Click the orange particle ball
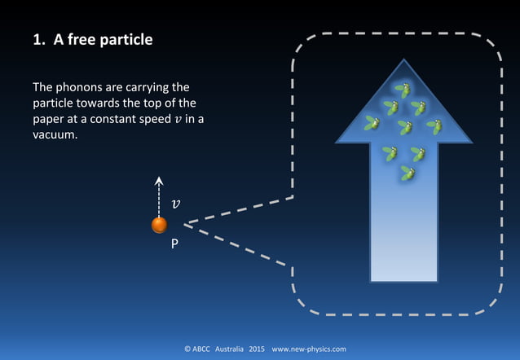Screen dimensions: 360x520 [x=159, y=225]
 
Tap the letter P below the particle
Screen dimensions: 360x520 [x=174, y=244]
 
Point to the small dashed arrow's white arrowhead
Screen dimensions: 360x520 [x=159, y=182]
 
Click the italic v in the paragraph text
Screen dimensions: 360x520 [x=167, y=119]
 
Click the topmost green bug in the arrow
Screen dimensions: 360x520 [x=402, y=90]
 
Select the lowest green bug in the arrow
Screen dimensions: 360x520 [x=407, y=173]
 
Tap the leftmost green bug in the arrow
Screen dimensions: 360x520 [x=372, y=123]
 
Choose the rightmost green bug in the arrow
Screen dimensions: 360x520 [x=435, y=126]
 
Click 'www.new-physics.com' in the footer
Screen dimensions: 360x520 [x=309, y=349]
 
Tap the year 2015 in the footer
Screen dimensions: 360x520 [x=257, y=349]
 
